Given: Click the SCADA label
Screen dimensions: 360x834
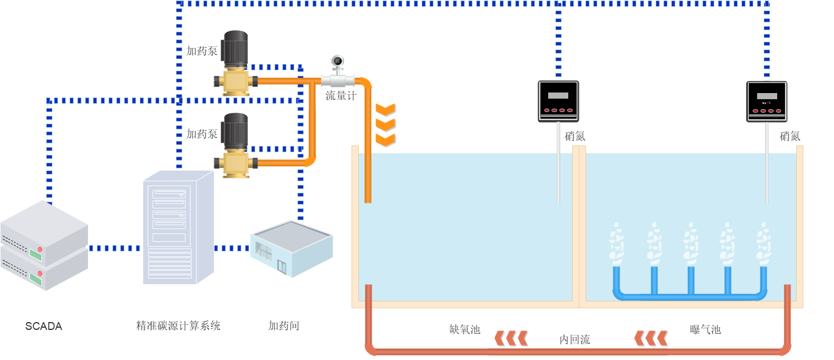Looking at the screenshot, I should coord(43,327).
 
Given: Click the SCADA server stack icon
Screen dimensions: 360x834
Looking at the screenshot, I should coord(44,245).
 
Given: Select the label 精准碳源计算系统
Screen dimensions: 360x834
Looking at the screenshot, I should coord(178,326).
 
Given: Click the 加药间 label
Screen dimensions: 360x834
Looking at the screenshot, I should coord(284,326).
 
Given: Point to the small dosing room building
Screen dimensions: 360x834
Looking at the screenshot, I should coord(291,248).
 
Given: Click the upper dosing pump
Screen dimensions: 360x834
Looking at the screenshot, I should coord(236,64).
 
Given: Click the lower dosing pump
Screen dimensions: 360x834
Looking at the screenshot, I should coord(236,145).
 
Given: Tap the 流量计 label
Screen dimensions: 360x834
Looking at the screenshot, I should coord(340,96).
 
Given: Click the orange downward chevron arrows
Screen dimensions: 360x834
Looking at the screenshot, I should coord(385,124).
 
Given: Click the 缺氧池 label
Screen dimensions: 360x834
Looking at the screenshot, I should coord(465,329).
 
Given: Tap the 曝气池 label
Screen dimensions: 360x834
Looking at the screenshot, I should coord(705,329).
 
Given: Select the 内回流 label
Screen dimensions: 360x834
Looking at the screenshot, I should coord(574,339).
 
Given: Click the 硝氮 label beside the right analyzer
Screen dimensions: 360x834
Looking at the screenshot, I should coord(790,136).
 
